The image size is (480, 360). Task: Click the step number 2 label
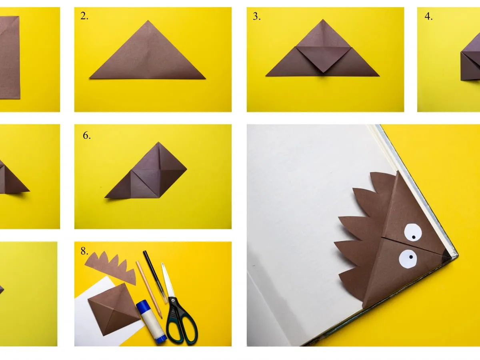[84, 16]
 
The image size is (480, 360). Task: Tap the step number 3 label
[256, 16]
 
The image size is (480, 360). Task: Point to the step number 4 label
[428, 16]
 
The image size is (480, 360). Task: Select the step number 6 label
[87, 136]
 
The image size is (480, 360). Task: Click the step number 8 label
[84, 251]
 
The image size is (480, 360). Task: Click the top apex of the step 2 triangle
[148, 21]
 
